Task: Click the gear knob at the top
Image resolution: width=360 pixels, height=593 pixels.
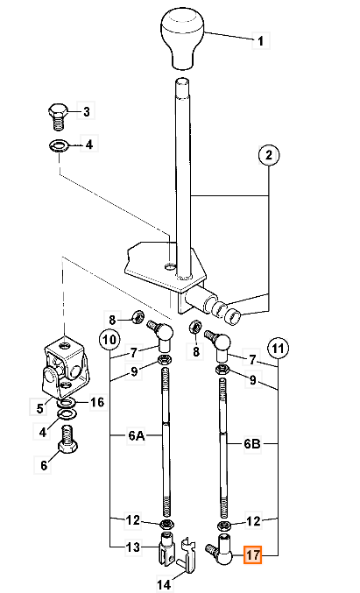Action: click(x=183, y=39)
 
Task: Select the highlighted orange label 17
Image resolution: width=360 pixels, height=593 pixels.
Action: click(x=252, y=554)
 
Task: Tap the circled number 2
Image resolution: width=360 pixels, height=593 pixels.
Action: click(x=269, y=155)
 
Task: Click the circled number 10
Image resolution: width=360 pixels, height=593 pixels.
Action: click(x=109, y=339)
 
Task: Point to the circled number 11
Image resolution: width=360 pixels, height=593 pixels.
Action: click(x=278, y=348)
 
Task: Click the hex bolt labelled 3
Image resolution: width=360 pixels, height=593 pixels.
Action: click(x=58, y=116)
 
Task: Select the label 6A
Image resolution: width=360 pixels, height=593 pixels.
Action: click(x=136, y=435)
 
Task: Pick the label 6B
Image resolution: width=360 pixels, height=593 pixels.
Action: click(x=252, y=443)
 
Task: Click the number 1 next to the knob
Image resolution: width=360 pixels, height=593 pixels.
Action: click(x=260, y=40)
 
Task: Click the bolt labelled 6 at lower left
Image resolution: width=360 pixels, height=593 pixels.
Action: click(x=67, y=439)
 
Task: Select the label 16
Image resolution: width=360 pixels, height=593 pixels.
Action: click(x=97, y=402)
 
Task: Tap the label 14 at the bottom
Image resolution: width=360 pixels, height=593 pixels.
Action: click(x=164, y=585)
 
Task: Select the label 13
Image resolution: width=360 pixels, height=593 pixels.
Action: click(x=133, y=547)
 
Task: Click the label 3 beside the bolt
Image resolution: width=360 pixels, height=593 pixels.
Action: click(x=86, y=111)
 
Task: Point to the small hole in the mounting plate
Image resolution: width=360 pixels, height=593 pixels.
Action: click(x=170, y=267)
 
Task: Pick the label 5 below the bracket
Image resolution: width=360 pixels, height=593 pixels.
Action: click(x=39, y=408)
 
